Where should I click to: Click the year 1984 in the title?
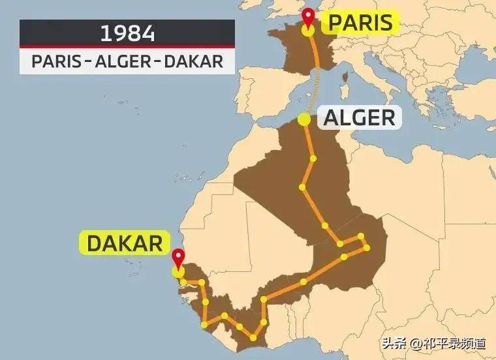pos(127,33)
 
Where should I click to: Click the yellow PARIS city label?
pos(360,23)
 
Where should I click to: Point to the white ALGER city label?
pos(359,118)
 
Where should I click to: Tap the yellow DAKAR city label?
pos(124,243)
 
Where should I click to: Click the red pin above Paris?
pos(309,17)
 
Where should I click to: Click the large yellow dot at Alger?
pos(303,119)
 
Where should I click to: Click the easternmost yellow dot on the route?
pos(367,248)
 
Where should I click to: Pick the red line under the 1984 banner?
pos(127,47)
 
